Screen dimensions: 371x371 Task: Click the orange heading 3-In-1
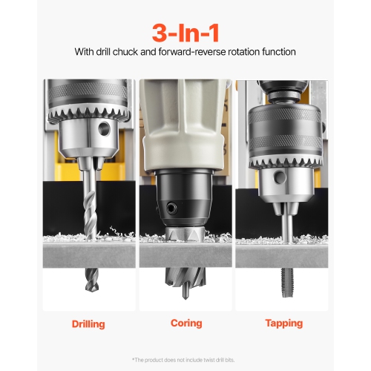(185, 32)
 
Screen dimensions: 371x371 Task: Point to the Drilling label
(88, 324)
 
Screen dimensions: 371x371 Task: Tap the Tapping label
(283, 324)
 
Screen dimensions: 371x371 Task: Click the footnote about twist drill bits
(185, 360)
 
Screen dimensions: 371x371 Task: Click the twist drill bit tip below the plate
(90, 286)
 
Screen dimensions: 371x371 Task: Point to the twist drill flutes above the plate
(89, 204)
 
